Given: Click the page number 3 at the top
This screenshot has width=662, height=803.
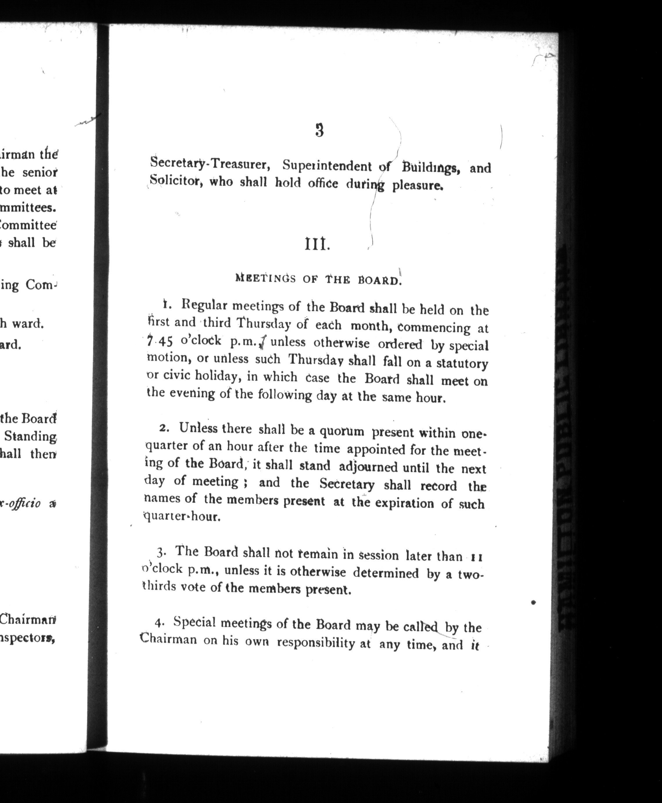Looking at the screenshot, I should (x=320, y=130).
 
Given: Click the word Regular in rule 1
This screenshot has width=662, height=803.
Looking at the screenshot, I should (x=204, y=305).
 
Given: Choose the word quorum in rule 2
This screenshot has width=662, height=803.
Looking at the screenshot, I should (x=341, y=431).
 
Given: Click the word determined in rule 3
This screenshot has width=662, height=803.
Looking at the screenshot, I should (x=386, y=573).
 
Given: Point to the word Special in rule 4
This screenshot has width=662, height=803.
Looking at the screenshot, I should (x=195, y=622).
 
